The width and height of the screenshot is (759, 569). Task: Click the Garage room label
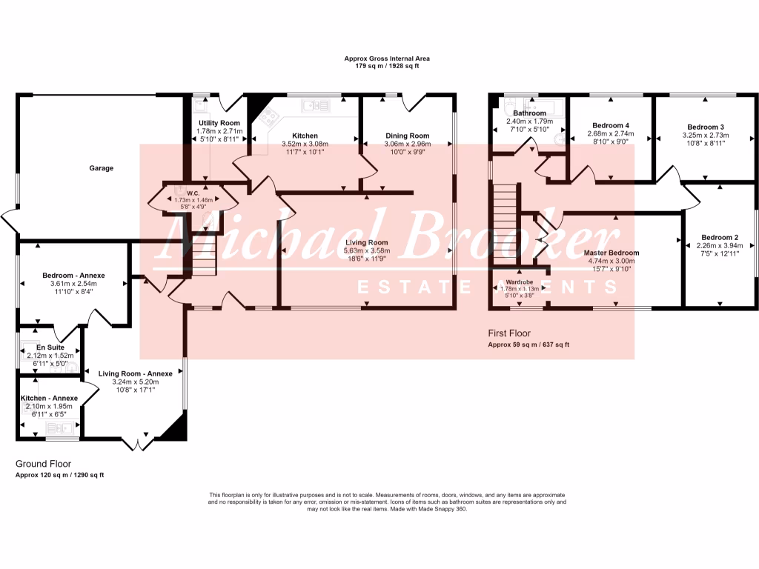tap(102, 168)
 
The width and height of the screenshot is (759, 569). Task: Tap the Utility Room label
tap(219, 123)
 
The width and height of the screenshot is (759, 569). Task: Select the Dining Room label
tap(408, 136)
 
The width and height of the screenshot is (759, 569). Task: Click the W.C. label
tap(193, 192)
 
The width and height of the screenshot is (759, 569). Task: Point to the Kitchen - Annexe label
tap(50, 398)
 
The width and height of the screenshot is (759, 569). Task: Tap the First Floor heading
tap(509, 333)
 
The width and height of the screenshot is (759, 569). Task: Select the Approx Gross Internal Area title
tap(387, 58)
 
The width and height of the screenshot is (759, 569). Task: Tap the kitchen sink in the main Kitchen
tap(315, 106)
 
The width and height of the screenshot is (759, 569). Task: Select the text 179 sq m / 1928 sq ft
tap(387, 66)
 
